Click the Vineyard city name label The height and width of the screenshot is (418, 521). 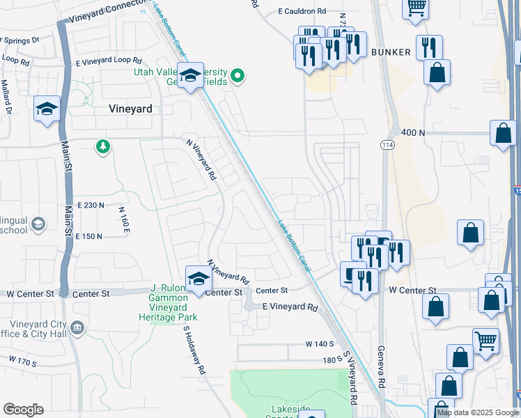130,109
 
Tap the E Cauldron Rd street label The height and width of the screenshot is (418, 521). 302,11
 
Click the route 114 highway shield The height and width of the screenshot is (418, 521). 386,144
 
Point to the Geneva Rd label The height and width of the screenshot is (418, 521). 381,367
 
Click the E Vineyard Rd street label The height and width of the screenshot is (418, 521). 290,307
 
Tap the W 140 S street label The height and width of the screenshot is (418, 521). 320,344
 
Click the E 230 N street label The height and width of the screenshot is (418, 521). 90,205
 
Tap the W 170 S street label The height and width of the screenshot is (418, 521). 22,362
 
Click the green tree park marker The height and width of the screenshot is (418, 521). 103,146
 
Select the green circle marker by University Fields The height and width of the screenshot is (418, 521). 238,75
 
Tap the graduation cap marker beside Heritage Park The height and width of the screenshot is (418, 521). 199,279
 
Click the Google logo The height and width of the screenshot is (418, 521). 23,410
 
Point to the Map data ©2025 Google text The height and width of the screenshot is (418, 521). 478,412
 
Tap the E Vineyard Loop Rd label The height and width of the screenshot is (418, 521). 109,61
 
